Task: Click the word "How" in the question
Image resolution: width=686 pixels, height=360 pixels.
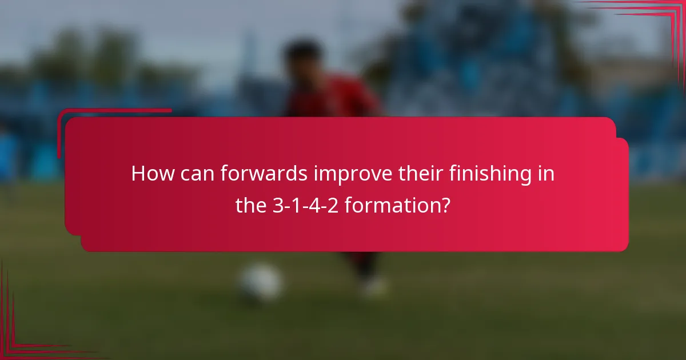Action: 150,174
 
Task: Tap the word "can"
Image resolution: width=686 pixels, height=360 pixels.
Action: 195,174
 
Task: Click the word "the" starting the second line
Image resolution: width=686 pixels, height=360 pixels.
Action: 250,206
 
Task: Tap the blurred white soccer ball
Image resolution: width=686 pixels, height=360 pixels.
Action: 261,282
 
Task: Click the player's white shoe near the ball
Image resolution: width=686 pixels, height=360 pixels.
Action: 374,286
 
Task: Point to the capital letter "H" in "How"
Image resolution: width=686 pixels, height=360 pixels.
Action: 138,174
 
